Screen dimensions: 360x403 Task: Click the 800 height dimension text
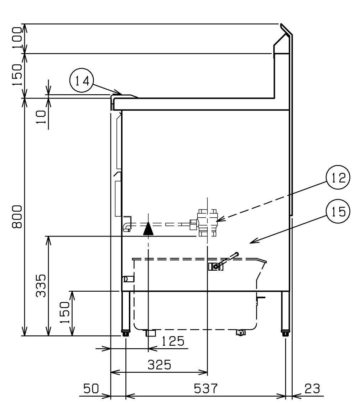click(x=18, y=217)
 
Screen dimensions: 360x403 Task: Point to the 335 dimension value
click(x=41, y=286)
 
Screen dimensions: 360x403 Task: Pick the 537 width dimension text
click(x=205, y=388)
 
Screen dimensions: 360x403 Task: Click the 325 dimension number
click(x=160, y=365)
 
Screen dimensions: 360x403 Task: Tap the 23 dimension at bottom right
click(x=312, y=388)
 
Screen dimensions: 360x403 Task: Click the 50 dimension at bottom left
click(x=92, y=388)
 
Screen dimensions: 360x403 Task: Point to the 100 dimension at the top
click(x=18, y=38)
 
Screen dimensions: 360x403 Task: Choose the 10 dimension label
click(x=41, y=117)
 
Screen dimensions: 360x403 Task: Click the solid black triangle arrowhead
click(x=148, y=228)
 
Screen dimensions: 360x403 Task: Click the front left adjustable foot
click(x=126, y=333)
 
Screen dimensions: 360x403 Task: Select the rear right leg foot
click(x=285, y=333)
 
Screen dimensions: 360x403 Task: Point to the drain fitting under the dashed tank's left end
click(x=151, y=333)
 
